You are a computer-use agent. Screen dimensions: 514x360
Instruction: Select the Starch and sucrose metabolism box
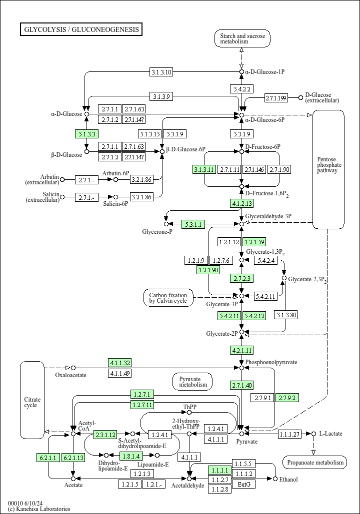click(242, 38)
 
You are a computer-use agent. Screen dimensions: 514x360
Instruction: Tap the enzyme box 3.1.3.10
click(161, 72)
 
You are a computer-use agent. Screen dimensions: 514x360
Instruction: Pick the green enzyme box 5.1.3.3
click(86, 133)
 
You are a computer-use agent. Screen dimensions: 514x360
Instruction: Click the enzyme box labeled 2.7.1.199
click(276, 97)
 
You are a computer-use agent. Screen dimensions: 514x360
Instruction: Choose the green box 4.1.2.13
click(241, 203)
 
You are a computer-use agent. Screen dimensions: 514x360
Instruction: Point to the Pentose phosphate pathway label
click(328, 165)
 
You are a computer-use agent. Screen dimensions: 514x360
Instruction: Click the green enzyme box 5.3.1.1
click(193, 224)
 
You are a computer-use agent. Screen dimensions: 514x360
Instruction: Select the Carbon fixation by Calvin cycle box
click(168, 298)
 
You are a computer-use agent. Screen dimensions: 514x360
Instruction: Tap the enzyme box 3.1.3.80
click(286, 315)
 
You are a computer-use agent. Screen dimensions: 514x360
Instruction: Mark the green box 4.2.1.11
click(241, 350)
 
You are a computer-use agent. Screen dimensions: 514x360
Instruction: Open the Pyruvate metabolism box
click(193, 382)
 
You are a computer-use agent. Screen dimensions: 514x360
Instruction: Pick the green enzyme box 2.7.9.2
click(287, 398)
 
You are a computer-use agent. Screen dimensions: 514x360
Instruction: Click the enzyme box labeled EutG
click(244, 484)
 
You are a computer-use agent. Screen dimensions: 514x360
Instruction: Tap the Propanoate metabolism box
click(314, 463)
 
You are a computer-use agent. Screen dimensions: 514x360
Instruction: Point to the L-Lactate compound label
click(330, 434)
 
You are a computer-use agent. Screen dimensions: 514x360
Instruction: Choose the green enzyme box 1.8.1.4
click(131, 455)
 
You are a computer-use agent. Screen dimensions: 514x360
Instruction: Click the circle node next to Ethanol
click(275, 479)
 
